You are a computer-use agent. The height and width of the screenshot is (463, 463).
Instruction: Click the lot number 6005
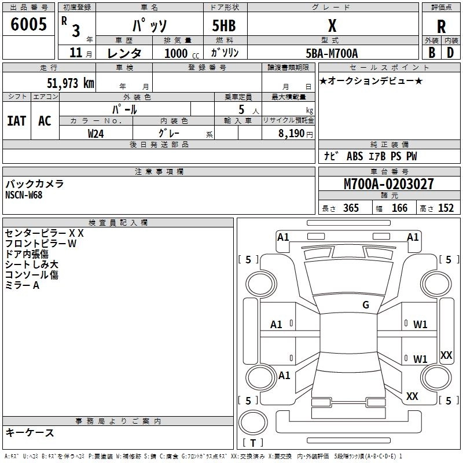click(x=28, y=24)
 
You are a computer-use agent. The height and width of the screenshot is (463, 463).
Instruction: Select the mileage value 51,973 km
click(x=71, y=83)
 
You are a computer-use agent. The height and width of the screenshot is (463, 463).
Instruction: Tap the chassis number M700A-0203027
click(x=389, y=184)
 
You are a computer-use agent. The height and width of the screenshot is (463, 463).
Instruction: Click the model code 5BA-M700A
click(x=332, y=53)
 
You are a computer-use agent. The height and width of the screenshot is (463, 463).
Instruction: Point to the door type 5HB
click(x=224, y=25)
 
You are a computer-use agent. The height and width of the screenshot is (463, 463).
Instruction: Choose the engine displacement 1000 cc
click(x=182, y=53)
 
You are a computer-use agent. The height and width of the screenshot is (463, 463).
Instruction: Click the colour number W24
click(x=96, y=134)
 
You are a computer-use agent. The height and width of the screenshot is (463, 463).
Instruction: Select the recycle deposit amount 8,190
click(x=291, y=134)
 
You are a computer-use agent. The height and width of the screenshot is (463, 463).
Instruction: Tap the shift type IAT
click(x=17, y=121)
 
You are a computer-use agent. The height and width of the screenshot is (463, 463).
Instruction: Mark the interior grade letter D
click(x=450, y=53)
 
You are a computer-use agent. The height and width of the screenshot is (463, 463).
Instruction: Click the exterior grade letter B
click(x=432, y=53)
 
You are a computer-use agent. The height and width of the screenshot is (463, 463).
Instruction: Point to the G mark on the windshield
click(x=366, y=304)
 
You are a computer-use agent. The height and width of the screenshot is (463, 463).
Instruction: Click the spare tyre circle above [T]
click(x=253, y=422)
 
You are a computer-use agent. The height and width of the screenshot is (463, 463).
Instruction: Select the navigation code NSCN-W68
click(x=24, y=195)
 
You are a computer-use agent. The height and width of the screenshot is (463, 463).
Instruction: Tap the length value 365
click(x=351, y=208)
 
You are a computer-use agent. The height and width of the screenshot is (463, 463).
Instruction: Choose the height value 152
click(x=446, y=208)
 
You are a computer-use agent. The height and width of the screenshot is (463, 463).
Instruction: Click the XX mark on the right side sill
click(x=446, y=355)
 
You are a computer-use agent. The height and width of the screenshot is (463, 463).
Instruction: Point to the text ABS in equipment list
click(x=355, y=156)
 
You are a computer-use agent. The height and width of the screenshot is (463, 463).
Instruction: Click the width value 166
click(x=399, y=208)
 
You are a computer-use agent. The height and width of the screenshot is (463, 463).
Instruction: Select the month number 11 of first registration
click(x=76, y=53)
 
